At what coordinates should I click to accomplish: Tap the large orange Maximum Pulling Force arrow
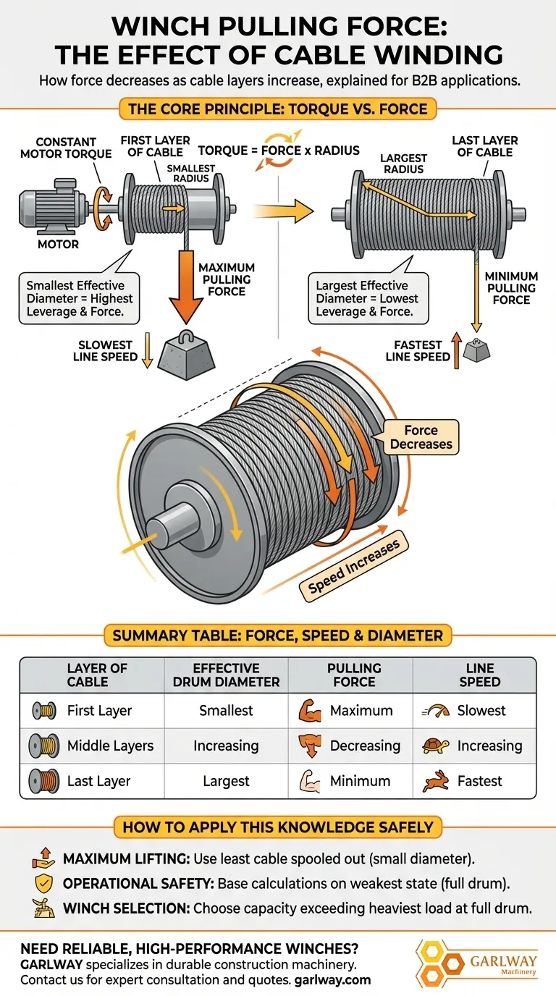coord(187,282)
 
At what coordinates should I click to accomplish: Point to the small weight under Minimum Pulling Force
coord(476,350)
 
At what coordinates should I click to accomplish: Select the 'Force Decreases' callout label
coord(421,437)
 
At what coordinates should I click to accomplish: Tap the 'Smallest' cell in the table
coord(226,711)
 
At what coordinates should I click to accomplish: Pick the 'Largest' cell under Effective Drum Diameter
coord(226,781)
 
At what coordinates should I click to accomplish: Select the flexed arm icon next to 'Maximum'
coord(308,711)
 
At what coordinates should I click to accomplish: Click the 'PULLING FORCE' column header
coord(354,675)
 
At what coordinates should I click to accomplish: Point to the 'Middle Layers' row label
coord(110,746)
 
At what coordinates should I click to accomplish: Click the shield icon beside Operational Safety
coord(43,883)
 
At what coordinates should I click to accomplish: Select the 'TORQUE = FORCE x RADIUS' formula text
coord(279,151)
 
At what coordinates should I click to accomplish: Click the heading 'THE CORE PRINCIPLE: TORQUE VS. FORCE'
coord(278,110)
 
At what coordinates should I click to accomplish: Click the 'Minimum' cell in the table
coord(360,781)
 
